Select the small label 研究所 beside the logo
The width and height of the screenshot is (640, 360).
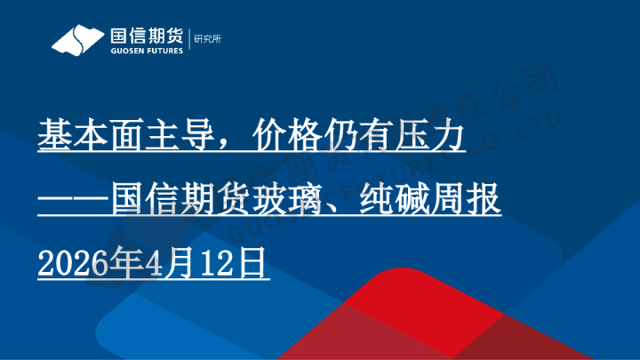point(207,39)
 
